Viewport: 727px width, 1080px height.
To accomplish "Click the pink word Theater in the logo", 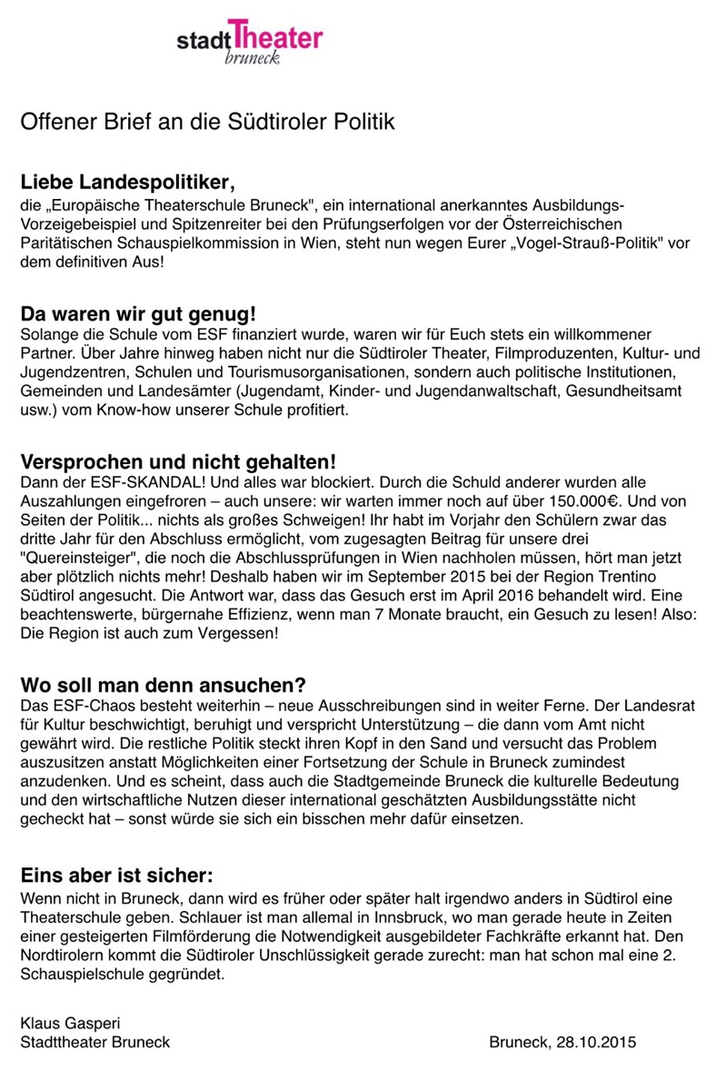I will (x=277, y=36).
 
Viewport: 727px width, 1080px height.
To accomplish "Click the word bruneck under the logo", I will (x=252, y=57).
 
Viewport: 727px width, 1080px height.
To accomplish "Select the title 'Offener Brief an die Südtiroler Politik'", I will (x=207, y=122).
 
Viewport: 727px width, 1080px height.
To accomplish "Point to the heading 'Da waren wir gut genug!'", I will (x=138, y=315).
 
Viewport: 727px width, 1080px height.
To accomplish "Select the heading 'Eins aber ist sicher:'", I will (x=116, y=876).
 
